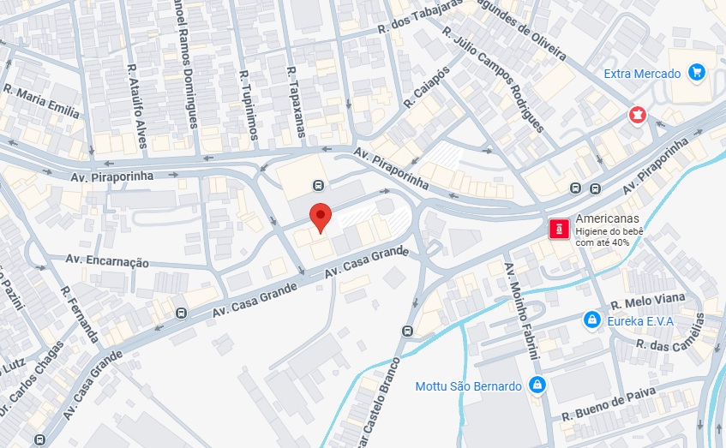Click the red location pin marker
point(320,217)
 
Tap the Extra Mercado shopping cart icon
point(697,73)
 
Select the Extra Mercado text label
point(642,74)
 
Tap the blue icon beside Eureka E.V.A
point(591,320)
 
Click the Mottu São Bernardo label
point(468,385)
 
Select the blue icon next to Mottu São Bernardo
point(537,385)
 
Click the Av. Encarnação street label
point(108,261)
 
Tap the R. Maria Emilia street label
point(41,100)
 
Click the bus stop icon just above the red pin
point(318,185)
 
